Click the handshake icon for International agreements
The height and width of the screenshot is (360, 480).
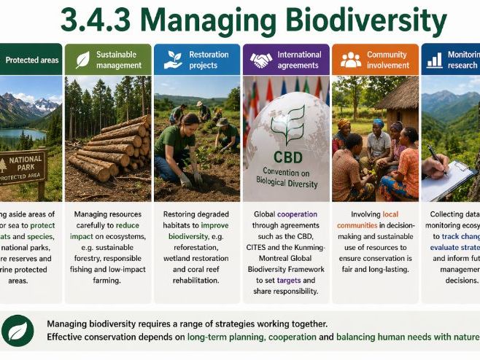coord(260,60)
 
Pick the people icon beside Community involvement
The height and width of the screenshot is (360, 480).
coord(351,60)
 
